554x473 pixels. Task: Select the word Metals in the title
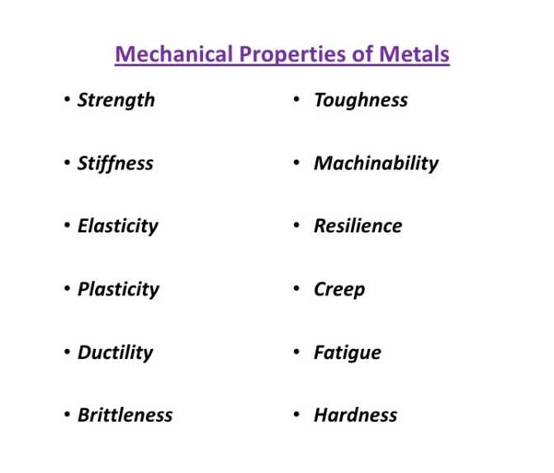[414, 55]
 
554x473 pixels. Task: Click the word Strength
[116, 100]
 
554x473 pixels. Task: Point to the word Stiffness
[116, 163]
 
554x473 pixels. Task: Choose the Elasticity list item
[118, 226]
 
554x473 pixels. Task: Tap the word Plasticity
[118, 289]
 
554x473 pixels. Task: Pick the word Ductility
[116, 352]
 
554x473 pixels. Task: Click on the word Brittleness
[125, 415]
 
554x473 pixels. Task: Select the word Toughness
[361, 100]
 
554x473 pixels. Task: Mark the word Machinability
[376, 163]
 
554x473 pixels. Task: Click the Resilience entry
[358, 226]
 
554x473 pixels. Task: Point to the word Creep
[339, 289]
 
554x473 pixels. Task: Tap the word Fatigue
[348, 352]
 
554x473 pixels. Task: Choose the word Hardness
[356, 415]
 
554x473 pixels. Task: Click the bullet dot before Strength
[67, 99]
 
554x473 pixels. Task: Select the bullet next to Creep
[296, 289]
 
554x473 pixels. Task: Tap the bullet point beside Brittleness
[67, 414]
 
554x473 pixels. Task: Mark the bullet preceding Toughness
[296, 99]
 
